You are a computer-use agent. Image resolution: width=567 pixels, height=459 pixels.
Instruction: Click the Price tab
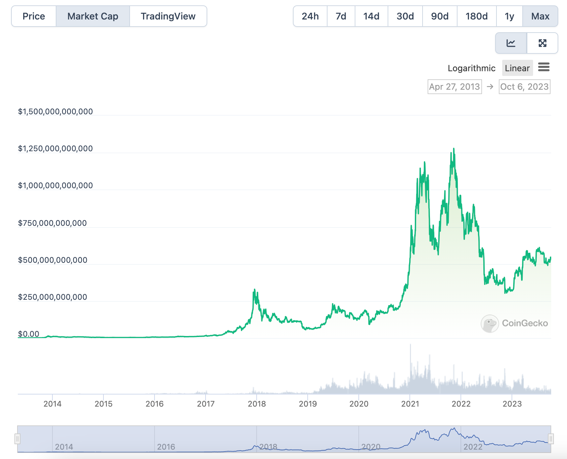click(x=34, y=16)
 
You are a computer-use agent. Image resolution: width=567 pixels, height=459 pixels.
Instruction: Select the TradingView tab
click(x=168, y=16)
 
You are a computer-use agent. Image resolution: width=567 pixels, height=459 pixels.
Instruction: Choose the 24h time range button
click(x=310, y=16)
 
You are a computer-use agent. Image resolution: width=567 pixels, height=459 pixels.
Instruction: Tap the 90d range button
click(x=440, y=16)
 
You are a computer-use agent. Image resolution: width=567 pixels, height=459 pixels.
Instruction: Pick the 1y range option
click(x=509, y=16)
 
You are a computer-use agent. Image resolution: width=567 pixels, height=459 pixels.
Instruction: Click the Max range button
click(x=540, y=16)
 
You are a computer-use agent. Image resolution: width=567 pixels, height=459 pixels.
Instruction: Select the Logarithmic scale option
click(x=471, y=68)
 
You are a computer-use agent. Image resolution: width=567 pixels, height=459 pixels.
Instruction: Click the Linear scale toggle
click(x=517, y=68)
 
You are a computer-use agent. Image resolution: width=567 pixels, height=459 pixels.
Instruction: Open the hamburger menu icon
click(x=544, y=67)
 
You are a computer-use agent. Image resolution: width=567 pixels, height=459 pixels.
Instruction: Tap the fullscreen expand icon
click(x=542, y=43)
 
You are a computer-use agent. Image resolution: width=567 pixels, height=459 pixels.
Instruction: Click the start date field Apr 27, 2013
click(x=454, y=87)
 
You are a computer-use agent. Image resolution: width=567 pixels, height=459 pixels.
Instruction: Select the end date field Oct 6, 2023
click(x=524, y=87)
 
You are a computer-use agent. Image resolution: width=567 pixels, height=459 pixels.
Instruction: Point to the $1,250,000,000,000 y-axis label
click(x=55, y=149)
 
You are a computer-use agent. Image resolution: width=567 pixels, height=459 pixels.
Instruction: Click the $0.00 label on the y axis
click(x=29, y=334)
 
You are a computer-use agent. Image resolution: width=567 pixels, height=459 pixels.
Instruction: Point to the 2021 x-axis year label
click(x=410, y=404)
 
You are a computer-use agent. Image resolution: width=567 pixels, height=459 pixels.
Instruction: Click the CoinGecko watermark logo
click(x=490, y=323)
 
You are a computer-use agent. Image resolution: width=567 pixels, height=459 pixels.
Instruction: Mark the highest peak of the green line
click(x=454, y=149)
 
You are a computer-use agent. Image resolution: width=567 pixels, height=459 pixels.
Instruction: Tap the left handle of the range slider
click(x=17, y=439)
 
